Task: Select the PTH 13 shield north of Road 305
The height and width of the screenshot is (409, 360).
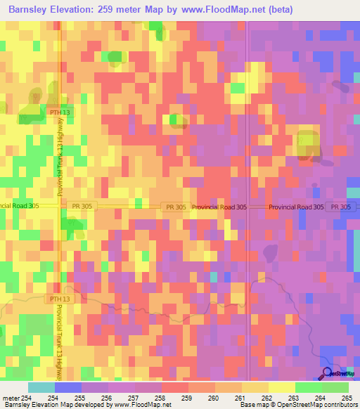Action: (x=60, y=112)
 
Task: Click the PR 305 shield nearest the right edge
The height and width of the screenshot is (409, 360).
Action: (x=340, y=207)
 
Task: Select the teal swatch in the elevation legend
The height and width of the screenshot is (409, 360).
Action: (x=41, y=387)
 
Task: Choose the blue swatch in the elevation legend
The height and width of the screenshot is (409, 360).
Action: (x=68, y=387)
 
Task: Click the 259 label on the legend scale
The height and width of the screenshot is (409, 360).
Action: (x=187, y=398)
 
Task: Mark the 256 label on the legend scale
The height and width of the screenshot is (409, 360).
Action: (x=107, y=398)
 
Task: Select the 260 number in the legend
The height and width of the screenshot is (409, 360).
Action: (x=214, y=398)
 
